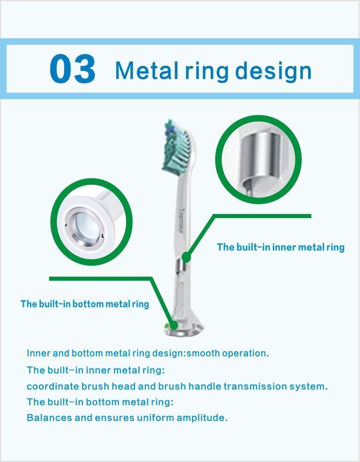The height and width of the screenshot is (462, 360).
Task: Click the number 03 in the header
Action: tap(72, 69)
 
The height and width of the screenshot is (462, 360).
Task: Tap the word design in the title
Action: tap(273, 72)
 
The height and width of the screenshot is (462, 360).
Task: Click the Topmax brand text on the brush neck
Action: tap(182, 221)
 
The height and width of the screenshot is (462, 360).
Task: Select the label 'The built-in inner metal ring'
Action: tap(281, 247)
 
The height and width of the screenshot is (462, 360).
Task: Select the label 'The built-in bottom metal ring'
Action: tap(85, 304)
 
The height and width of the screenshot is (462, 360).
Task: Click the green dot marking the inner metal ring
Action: tap(186, 257)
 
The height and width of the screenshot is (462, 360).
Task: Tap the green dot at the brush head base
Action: tap(174, 325)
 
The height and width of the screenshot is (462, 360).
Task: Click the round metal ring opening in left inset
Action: tap(84, 225)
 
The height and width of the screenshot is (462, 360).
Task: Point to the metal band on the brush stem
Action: tap(181, 265)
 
